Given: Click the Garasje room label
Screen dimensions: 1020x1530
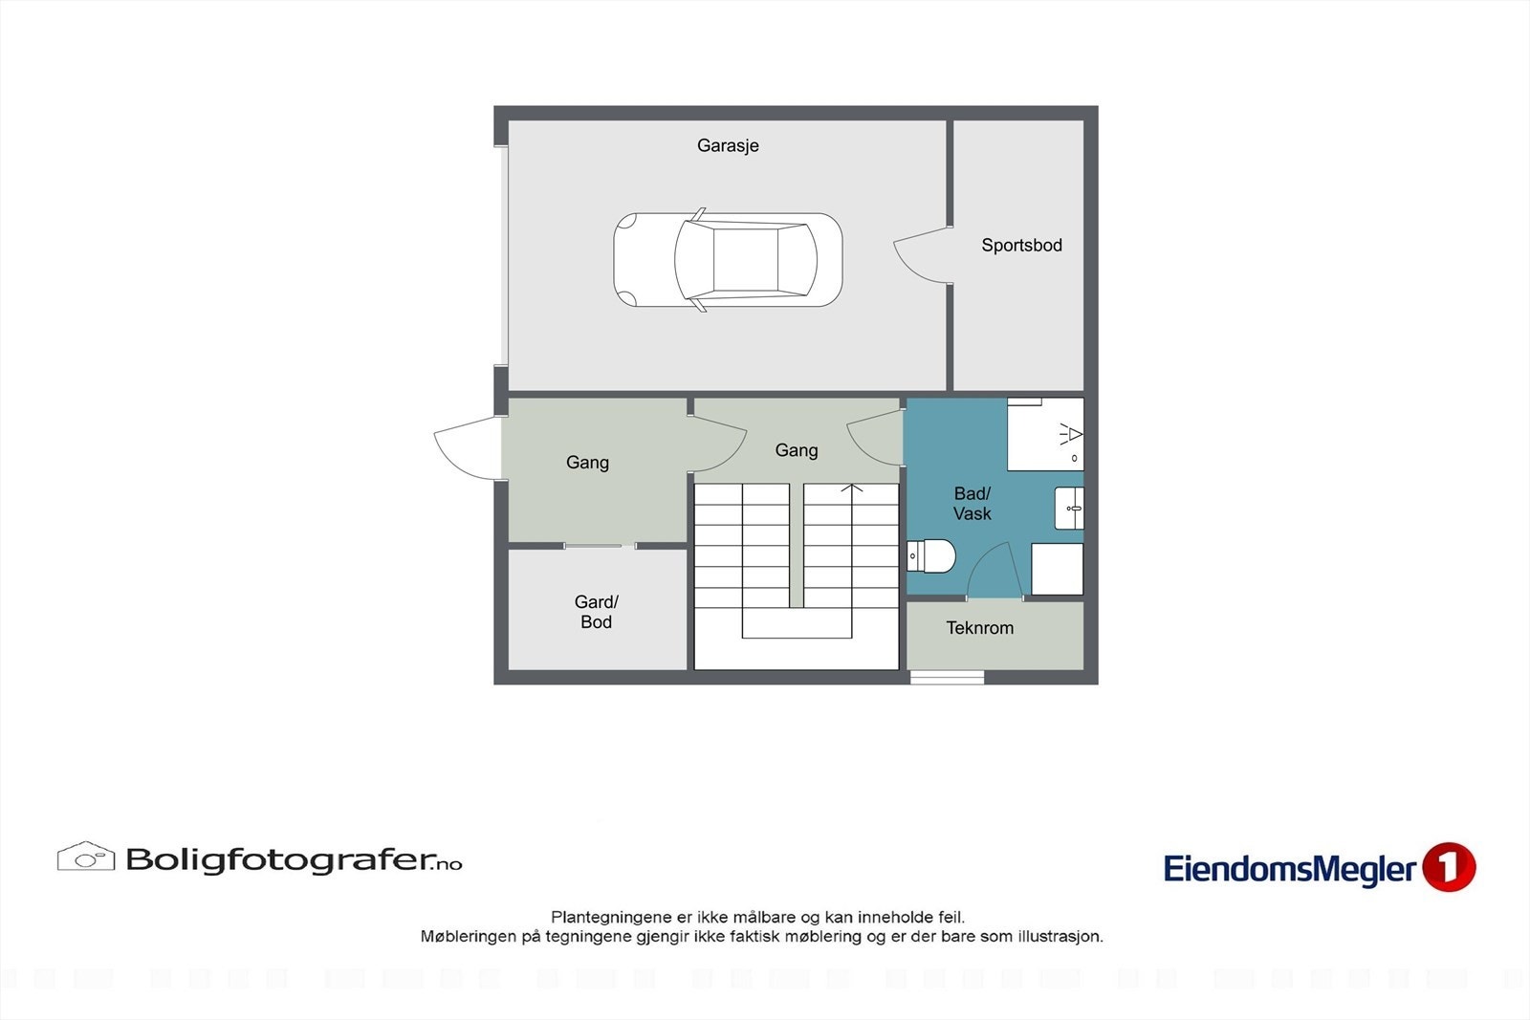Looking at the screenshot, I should point(728,145).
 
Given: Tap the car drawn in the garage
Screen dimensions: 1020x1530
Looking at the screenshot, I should point(728,259).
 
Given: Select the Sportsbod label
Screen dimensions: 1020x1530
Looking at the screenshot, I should point(1021,245).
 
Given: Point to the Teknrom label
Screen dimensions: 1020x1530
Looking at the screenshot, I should point(979,628).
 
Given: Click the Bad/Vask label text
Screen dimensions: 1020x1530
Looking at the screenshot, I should point(972,504).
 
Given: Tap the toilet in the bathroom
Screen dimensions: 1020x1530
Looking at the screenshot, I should point(931,555).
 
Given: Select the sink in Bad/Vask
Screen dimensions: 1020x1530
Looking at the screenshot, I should point(1069,508).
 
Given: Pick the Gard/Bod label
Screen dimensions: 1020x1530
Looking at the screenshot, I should point(596,612).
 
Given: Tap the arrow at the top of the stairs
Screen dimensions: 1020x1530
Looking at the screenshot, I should point(852,489).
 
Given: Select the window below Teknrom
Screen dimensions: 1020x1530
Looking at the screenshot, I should point(947,678).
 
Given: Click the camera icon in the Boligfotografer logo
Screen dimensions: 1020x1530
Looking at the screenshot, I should point(85,857).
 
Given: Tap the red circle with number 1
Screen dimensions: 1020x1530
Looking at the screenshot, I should point(1449,867).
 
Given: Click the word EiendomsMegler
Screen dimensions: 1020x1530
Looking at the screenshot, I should point(1289,869).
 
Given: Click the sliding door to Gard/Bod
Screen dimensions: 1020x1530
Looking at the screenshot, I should point(600,546).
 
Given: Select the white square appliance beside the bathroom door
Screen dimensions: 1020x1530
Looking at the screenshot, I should point(1057,569).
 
